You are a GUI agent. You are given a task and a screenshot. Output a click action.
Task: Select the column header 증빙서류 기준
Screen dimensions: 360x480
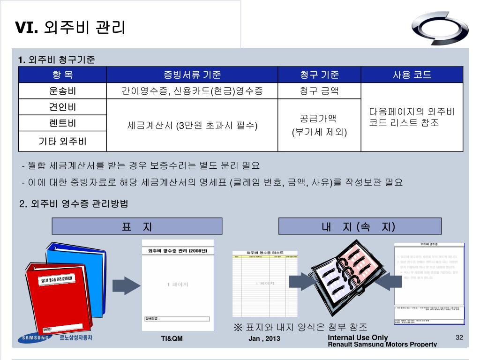click(x=192, y=75)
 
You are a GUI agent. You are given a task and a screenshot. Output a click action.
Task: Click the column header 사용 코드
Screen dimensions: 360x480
click(x=412, y=75)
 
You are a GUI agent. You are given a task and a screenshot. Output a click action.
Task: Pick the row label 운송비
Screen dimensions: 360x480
click(x=62, y=91)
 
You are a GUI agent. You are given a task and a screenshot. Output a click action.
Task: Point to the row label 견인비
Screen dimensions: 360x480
click(x=62, y=107)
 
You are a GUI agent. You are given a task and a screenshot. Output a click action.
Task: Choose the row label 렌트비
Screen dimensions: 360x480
click(x=62, y=124)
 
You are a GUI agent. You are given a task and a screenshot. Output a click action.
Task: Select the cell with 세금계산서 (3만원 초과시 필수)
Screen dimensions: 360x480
click(x=192, y=126)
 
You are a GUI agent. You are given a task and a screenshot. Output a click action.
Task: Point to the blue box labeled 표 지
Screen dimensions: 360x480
click(x=136, y=227)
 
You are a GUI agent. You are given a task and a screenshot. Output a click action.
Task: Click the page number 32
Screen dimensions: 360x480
click(x=459, y=338)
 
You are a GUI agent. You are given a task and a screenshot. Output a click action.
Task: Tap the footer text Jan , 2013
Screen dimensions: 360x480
click(x=264, y=339)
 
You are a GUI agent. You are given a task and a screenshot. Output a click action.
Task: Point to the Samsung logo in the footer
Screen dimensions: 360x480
click(x=34, y=338)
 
